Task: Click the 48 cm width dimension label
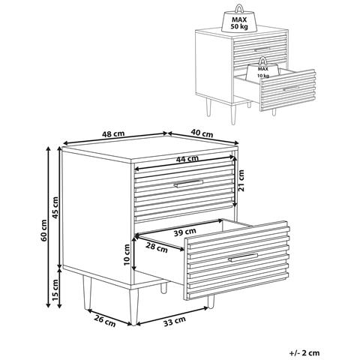click(113, 133)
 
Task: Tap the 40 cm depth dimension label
click(202, 133)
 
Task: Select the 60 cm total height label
click(43, 230)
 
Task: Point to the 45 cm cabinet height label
click(55, 207)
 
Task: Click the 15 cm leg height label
click(55, 290)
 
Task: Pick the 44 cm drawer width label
click(187, 159)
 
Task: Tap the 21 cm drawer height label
click(241, 181)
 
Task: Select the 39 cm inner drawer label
click(185, 232)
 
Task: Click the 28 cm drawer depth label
click(157, 248)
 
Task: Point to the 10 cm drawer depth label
click(127, 254)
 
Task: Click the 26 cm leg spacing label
click(105, 321)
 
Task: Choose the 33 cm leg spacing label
click(175, 322)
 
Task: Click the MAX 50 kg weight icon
click(239, 19)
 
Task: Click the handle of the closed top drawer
click(188, 183)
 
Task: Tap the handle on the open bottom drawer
click(243, 258)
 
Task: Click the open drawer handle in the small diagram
click(291, 88)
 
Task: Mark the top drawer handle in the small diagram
click(262, 49)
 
